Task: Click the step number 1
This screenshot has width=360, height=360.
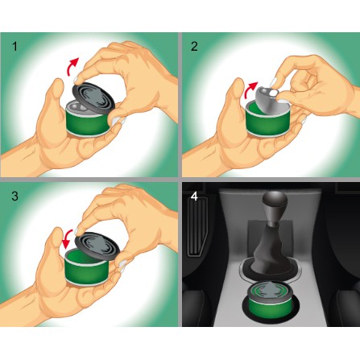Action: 15,47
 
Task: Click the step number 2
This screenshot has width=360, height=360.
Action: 194,47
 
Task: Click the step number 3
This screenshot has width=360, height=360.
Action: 15,196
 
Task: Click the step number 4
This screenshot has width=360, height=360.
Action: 194,197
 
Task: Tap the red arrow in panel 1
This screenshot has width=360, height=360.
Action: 72,66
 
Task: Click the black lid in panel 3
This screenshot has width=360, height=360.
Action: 97,246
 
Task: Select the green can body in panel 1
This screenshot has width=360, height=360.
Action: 89,122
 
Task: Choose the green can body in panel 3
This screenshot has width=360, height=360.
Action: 87,270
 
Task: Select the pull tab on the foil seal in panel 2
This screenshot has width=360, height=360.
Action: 273,92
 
